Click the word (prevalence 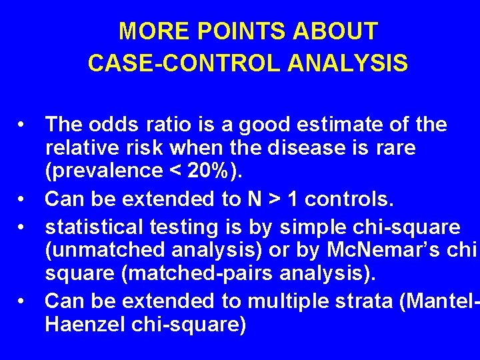[103, 171]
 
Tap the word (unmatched [103, 250]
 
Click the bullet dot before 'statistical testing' [23, 227]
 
